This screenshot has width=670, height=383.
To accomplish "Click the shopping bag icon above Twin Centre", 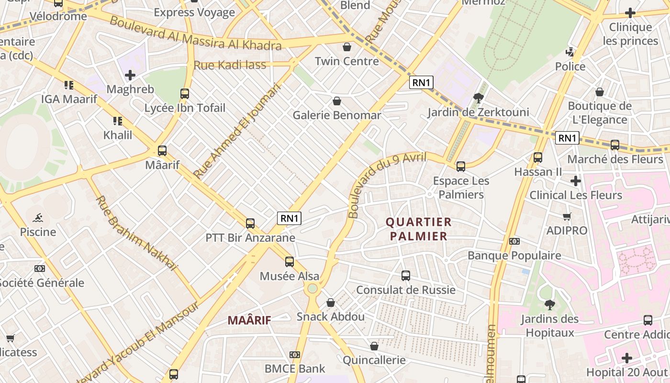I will click(347, 47).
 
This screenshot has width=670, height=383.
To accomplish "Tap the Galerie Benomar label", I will click(337, 115).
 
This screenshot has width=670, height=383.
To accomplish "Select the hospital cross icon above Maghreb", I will click(130, 75).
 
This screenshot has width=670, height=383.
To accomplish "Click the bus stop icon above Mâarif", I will click(162, 151).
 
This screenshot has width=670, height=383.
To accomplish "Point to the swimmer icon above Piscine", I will click(38, 218).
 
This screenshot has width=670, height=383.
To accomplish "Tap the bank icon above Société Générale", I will click(40, 269).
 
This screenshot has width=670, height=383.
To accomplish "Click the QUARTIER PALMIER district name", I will click(419, 229).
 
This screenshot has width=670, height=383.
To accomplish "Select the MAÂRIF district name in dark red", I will click(249, 320).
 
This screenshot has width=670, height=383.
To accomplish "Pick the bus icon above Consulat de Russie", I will click(406, 276).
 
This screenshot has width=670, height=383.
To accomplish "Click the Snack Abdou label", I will click(330, 316).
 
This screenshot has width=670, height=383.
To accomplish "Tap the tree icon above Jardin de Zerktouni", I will click(478, 98).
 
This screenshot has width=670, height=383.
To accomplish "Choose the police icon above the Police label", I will click(570, 52).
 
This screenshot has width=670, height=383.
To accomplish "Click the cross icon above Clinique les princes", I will click(630, 13).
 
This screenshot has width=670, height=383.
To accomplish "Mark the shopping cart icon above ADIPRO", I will click(567, 216).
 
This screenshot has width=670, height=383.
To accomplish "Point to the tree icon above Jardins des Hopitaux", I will click(550, 304).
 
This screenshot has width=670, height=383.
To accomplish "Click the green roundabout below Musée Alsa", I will click(313, 288).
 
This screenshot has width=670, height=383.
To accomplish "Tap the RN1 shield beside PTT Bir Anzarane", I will click(290, 218).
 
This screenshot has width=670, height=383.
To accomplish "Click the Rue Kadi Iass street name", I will click(230, 65).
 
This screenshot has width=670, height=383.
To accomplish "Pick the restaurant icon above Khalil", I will click(118, 121).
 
